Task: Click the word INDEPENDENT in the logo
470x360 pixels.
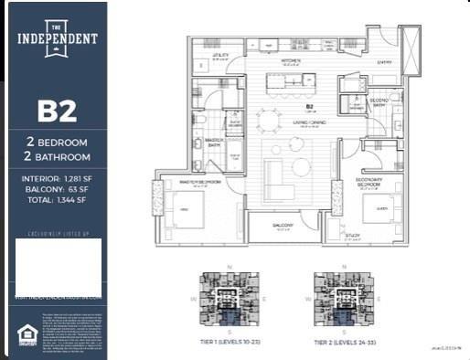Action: (56, 39)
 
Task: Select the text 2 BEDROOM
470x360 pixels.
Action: (56, 143)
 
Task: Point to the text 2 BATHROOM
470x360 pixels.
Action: (56, 157)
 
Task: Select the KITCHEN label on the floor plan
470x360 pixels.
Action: (291, 61)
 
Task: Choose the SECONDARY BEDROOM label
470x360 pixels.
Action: (372, 182)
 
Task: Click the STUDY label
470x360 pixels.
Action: (351, 235)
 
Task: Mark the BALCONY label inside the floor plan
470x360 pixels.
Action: (282, 224)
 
